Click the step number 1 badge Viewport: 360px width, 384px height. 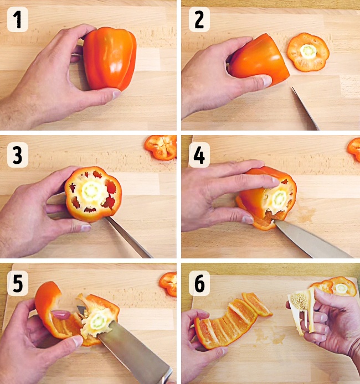click(18, 19)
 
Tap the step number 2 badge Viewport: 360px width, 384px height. click(199, 19)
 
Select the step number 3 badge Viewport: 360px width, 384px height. click(18, 155)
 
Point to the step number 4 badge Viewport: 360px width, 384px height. click(199, 155)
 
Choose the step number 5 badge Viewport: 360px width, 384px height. click(18, 283)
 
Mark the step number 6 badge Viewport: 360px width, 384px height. click(199, 283)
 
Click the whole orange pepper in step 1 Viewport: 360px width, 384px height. click(110, 58)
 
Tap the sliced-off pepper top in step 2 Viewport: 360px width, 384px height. click(308, 52)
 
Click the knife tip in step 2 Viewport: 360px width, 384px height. click(292, 87)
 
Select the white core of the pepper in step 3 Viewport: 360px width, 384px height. click(91, 191)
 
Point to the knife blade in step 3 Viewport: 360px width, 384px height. click(128, 237)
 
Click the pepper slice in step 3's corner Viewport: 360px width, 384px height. click(161, 148)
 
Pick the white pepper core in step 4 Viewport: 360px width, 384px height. click(279, 198)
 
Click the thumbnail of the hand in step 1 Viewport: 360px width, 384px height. click(116, 94)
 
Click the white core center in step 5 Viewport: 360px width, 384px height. click(98, 321)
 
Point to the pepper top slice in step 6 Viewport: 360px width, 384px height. click(335, 286)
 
